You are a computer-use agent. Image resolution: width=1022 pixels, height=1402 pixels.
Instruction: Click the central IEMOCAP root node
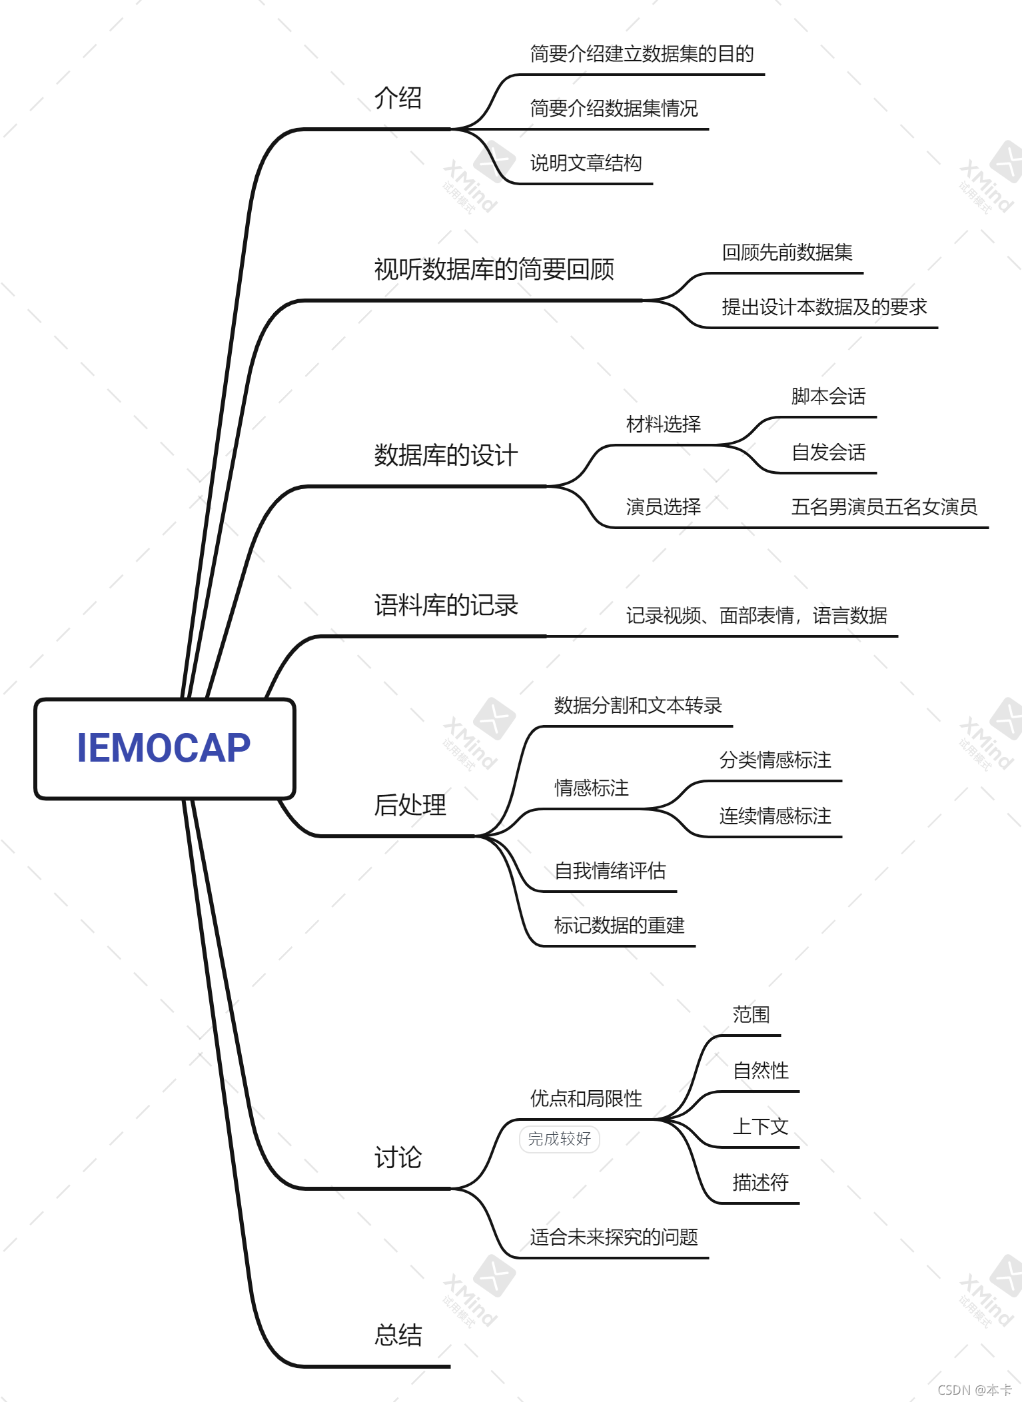point(164,748)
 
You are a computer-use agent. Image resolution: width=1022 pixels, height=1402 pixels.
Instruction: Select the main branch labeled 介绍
point(398,99)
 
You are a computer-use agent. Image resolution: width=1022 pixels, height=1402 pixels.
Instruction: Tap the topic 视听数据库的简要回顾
point(494,270)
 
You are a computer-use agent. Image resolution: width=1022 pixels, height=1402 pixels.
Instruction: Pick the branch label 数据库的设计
point(446,456)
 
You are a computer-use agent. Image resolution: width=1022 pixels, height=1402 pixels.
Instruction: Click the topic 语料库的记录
point(446,606)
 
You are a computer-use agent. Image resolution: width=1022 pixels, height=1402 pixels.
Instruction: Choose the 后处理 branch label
point(410,805)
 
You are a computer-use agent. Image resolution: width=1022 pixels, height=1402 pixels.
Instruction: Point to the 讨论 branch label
point(398,1157)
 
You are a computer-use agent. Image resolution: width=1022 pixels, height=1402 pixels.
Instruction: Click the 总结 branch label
point(398,1335)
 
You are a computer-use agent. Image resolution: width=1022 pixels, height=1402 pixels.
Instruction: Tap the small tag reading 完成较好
point(559,1139)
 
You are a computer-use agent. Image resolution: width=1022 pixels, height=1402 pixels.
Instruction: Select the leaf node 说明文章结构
point(586,163)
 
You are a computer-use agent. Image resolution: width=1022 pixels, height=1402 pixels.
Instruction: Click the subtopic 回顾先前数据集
point(787,253)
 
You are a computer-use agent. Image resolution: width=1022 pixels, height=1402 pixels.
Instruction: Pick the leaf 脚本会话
point(828,396)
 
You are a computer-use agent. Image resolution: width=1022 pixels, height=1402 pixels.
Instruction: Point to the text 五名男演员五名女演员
point(883,507)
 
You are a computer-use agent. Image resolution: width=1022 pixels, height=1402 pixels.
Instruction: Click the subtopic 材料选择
point(663,424)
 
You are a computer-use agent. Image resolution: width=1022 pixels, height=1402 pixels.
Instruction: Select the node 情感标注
point(591,788)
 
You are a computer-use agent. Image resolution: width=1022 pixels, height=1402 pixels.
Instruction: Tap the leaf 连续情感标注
point(775,816)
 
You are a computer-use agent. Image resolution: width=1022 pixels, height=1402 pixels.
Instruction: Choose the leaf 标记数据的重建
point(619,926)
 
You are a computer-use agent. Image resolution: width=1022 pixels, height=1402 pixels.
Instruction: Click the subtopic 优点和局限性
point(586,1099)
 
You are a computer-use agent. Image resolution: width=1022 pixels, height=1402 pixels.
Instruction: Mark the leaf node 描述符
point(760,1183)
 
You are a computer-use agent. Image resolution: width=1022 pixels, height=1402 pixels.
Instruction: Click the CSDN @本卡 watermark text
point(974,1390)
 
